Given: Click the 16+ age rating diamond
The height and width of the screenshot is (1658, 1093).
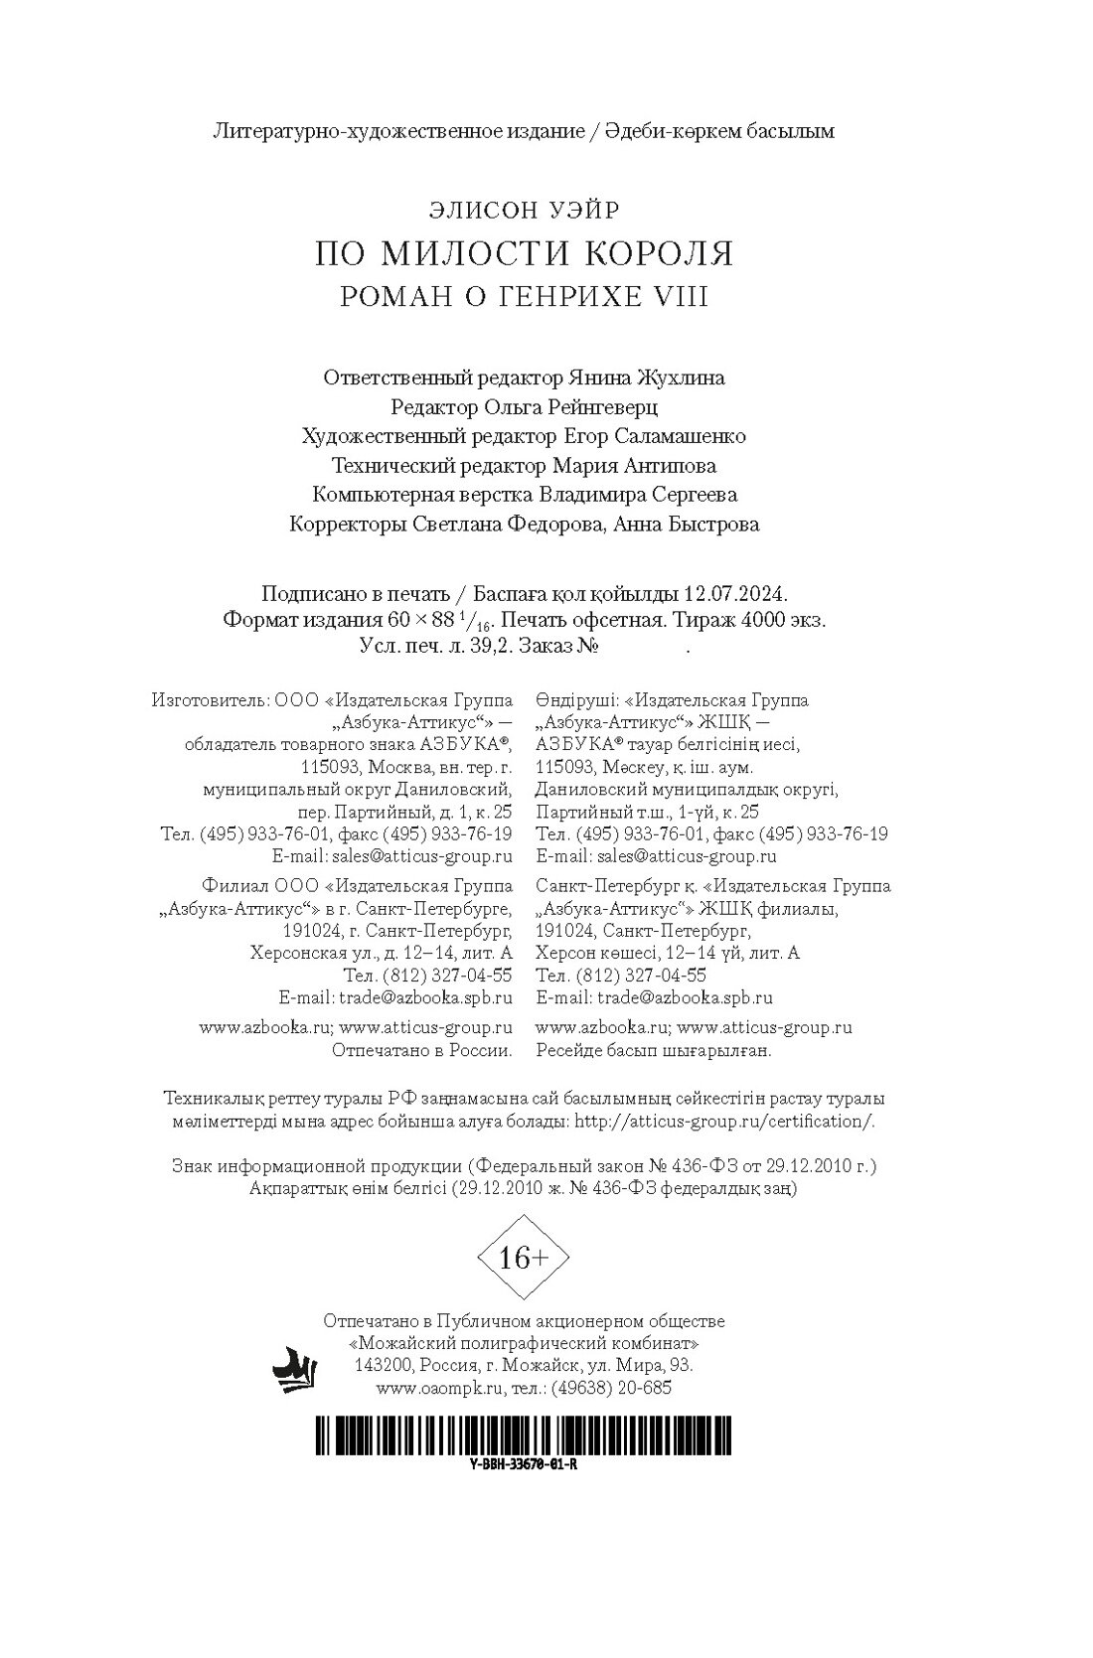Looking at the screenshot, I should (x=524, y=1258).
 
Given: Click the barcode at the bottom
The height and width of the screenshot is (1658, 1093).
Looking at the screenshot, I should (x=524, y=1433).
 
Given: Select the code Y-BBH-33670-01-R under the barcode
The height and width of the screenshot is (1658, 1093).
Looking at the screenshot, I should (x=524, y=1464).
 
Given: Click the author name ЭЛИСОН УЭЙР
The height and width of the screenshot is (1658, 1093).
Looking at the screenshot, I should (x=524, y=210).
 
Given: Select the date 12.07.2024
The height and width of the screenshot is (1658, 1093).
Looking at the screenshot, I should (x=735, y=594).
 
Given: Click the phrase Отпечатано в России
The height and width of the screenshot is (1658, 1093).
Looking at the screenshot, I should (x=421, y=1050).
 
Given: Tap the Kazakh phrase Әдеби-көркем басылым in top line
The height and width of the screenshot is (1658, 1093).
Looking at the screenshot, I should (x=721, y=130).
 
